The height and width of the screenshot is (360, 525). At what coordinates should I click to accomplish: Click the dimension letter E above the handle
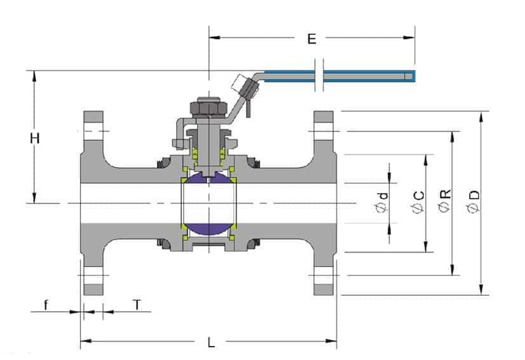(311, 39)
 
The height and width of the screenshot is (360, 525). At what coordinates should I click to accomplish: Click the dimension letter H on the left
(35, 138)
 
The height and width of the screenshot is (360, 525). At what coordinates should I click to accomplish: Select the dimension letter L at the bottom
(211, 342)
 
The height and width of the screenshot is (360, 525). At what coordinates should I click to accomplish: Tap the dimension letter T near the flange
(137, 305)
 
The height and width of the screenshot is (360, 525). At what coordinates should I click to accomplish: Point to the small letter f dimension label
(46, 305)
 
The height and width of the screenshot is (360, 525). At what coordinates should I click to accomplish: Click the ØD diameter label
(474, 202)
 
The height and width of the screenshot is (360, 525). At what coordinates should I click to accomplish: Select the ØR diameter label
(446, 201)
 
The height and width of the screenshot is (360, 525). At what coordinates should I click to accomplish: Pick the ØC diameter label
(418, 202)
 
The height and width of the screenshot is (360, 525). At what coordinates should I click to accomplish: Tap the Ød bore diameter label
(382, 202)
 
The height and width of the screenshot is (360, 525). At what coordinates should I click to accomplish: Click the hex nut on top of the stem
(209, 107)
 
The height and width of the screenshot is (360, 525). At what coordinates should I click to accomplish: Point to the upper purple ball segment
(209, 177)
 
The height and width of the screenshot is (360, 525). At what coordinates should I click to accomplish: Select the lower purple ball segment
(209, 228)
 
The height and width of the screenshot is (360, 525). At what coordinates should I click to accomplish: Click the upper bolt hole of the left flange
(93, 131)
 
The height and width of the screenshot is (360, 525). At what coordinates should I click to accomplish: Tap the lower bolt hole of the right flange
(324, 275)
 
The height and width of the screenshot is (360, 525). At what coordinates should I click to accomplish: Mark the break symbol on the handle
(319, 75)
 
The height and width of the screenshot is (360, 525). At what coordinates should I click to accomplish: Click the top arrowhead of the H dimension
(34, 76)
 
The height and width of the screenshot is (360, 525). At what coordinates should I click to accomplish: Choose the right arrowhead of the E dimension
(409, 38)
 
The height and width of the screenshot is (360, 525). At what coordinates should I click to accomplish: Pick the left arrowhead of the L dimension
(86, 341)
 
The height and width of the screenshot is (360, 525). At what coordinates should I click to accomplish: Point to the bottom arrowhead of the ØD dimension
(481, 289)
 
